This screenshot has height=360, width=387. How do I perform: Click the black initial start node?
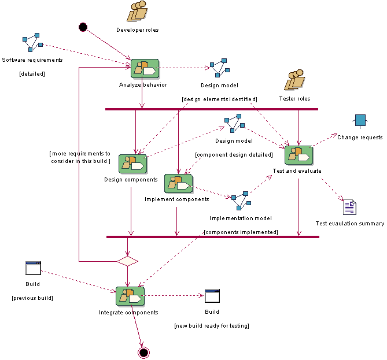(83, 27)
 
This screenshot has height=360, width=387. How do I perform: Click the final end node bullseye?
(144, 352)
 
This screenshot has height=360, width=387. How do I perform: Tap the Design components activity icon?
(132, 164)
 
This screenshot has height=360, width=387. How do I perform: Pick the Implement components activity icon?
(178, 184)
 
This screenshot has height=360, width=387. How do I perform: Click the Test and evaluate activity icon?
(298, 155)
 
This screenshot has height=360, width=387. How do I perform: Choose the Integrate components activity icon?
(130, 296)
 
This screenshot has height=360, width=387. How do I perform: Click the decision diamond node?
(127, 261)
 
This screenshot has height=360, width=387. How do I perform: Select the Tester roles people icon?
(296, 80)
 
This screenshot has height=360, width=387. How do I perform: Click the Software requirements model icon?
(32, 42)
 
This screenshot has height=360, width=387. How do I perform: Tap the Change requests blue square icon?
(360, 121)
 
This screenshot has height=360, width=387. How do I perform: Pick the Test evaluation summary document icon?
(349, 207)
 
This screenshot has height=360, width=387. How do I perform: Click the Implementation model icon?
(240, 199)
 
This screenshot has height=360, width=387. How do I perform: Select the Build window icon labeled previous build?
(33, 268)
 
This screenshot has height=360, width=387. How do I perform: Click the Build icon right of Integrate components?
(212, 296)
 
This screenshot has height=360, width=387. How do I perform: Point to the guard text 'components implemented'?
(241, 232)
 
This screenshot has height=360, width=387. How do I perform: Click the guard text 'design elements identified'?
(219, 99)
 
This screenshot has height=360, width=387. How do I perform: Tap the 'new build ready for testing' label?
(212, 326)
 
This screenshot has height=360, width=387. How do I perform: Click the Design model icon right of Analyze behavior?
(218, 68)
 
